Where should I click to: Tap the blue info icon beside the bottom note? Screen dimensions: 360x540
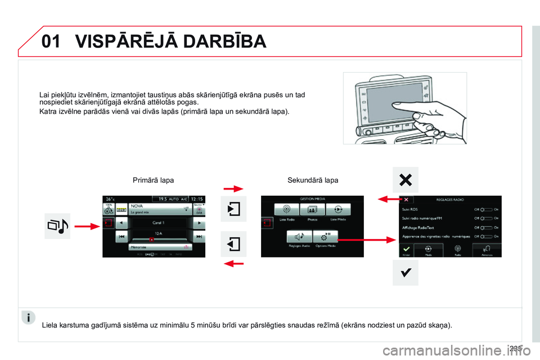coord(29,317)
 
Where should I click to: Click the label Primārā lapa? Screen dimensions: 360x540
coord(153,181)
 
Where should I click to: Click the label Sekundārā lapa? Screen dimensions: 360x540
coord(313,181)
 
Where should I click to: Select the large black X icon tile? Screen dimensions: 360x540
coord(405,180)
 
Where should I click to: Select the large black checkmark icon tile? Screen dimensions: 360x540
coord(405,272)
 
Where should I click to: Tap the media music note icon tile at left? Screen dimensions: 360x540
coord(57,226)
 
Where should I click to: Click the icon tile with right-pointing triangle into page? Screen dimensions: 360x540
coord(233,209)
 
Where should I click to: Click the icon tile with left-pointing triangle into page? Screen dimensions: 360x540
coord(233,244)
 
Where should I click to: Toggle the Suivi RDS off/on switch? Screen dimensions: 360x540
coord(488,208)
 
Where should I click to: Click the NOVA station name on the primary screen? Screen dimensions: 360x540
coord(137,206)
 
